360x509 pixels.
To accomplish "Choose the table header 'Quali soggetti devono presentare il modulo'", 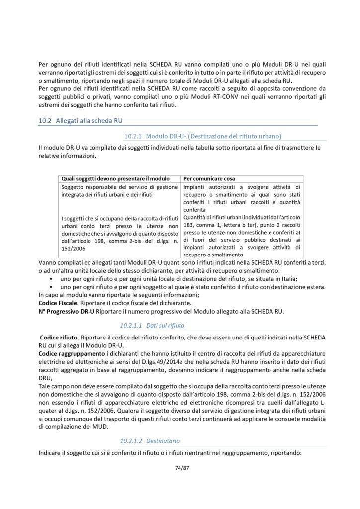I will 116,178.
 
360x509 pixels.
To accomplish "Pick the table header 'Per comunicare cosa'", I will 209,178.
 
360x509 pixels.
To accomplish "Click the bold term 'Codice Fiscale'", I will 57,303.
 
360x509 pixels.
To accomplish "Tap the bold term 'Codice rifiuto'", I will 59,337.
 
